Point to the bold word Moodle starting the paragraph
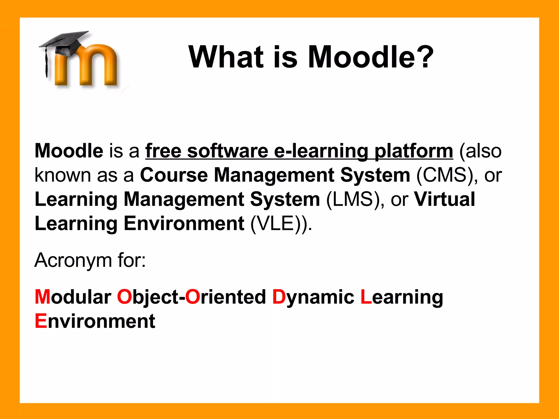[69, 151]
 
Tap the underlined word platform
[414, 151]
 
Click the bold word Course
[174, 175]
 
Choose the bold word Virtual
[444, 199]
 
